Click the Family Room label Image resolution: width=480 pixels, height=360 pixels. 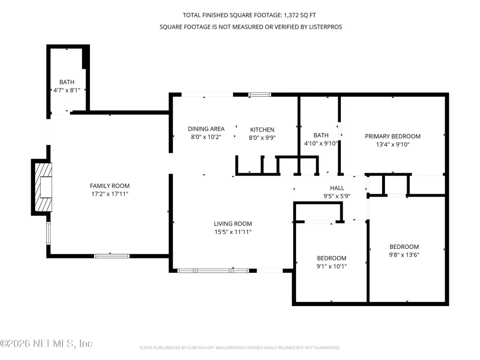[x=110, y=186]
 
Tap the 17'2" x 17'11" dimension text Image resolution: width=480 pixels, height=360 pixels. [x=110, y=194]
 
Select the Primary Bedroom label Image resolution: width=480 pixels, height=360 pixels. [x=392, y=136]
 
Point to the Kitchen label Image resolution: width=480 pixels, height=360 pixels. [x=262, y=130]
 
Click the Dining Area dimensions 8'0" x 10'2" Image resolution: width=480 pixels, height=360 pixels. [x=206, y=137]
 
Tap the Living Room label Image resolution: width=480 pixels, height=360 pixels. [x=233, y=224]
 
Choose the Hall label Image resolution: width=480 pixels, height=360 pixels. [x=337, y=188]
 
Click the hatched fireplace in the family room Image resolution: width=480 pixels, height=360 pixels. [x=43, y=187]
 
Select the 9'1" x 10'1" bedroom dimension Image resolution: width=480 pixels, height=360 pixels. [x=332, y=266]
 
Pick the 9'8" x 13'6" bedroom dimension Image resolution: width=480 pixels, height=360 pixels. [x=404, y=255]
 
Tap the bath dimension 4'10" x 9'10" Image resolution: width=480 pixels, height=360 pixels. [x=321, y=143]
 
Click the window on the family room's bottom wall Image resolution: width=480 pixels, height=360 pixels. [x=112, y=256]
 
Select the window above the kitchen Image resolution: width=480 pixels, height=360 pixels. [x=259, y=95]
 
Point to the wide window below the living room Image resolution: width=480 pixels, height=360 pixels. [x=214, y=271]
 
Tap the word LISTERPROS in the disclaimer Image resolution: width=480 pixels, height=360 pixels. [x=325, y=27]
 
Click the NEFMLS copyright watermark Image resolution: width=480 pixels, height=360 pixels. [x=46, y=344]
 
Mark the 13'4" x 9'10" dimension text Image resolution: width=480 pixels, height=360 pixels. [x=393, y=145]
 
